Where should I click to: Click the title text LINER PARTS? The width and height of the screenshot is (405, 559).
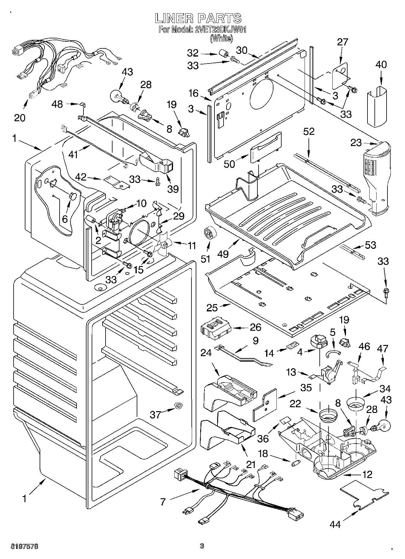(x=198, y=18)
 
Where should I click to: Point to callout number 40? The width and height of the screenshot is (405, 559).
(x=381, y=64)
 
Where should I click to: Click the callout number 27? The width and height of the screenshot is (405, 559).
(x=343, y=42)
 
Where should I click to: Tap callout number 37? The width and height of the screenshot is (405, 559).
(x=155, y=414)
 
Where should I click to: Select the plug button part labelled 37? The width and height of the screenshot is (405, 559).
(x=178, y=405)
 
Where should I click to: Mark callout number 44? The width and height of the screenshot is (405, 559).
(x=335, y=524)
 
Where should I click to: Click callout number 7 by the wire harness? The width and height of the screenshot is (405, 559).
(x=163, y=502)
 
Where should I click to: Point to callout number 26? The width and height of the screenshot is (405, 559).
(x=256, y=327)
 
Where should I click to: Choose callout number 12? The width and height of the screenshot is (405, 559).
(x=367, y=474)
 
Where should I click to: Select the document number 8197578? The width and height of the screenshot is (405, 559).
(x=24, y=546)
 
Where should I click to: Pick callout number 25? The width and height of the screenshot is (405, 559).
(x=212, y=308)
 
